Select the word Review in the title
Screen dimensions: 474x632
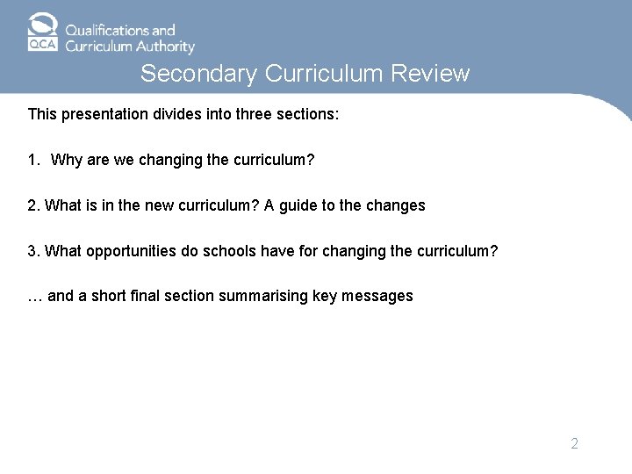[432, 74]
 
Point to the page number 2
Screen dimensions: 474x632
[574, 443]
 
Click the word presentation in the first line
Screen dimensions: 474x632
[104, 114]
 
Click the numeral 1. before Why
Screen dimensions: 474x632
[34, 160]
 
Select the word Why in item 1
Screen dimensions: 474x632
[66, 160]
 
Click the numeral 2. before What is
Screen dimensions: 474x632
[34, 205]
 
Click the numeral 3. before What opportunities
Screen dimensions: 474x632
[34, 251]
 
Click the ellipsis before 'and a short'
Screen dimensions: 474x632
[35, 297]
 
